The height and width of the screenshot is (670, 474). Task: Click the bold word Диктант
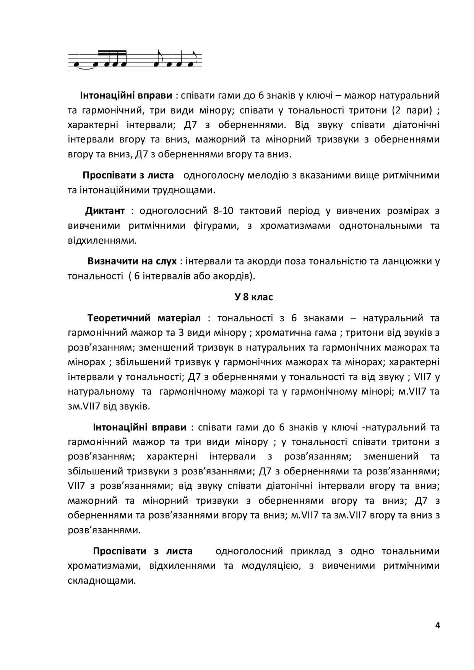tap(105, 211)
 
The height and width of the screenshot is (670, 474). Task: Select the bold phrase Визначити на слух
tap(132, 261)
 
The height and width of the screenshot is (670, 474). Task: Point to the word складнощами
tap(101, 581)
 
